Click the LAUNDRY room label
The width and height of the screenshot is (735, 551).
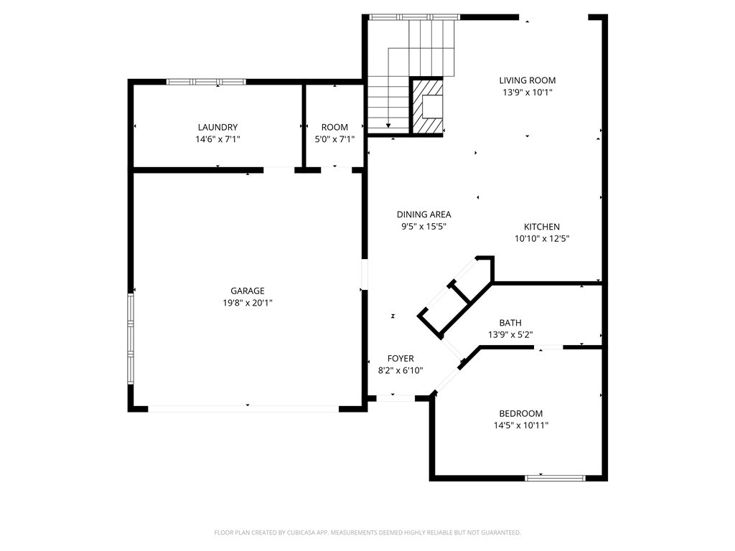pyautogui.click(x=217, y=127)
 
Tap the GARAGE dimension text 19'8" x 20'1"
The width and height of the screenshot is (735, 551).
pyautogui.click(x=247, y=303)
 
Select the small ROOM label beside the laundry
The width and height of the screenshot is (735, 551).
pyautogui.click(x=334, y=127)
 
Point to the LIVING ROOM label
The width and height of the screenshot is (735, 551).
pyautogui.click(x=528, y=80)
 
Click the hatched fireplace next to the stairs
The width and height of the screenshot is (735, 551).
pyautogui.click(x=427, y=106)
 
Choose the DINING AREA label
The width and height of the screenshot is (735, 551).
pyautogui.click(x=423, y=214)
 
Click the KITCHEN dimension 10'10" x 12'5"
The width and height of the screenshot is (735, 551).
pyautogui.click(x=542, y=239)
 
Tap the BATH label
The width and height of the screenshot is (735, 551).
pyautogui.click(x=510, y=323)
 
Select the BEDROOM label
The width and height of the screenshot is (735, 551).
pyautogui.click(x=520, y=413)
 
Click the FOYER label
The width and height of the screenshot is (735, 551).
pyautogui.click(x=400, y=358)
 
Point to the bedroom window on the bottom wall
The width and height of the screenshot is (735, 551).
pyautogui.click(x=555, y=477)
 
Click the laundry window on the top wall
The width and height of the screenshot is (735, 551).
pyautogui.click(x=196, y=82)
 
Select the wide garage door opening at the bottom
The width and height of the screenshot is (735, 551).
pyautogui.click(x=243, y=409)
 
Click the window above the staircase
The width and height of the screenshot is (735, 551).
pyautogui.click(x=413, y=17)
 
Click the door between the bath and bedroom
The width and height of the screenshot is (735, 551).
pyautogui.click(x=550, y=348)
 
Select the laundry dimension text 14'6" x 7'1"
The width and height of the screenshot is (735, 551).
pyautogui.click(x=217, y=139)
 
